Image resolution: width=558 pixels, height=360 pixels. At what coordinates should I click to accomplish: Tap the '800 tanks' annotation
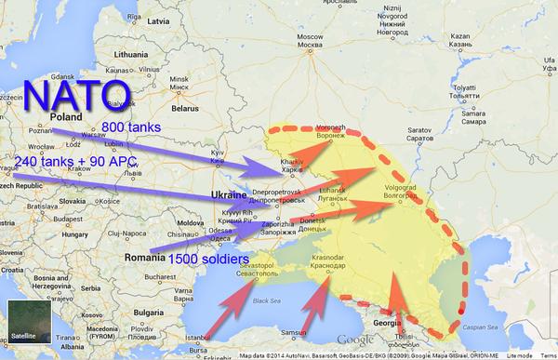(134, 126)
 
